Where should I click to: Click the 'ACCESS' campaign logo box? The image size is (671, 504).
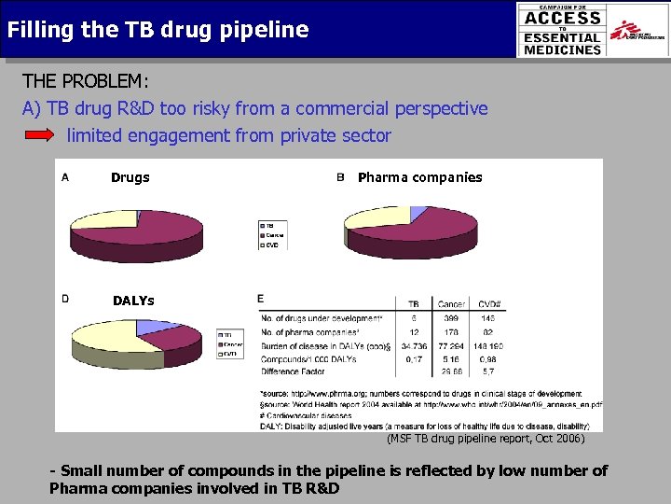[x=562, y=29]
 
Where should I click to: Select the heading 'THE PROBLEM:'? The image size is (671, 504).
[x=85, y=81]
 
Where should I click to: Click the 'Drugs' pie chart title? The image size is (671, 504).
[x=130, y=177]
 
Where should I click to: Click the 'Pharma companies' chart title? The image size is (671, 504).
[x=419, y=177]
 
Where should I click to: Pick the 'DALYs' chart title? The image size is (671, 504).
[x=133, y=301]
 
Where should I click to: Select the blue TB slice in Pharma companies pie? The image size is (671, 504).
[x=417, y=214]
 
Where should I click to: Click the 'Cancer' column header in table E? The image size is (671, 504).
[x=451, y=303]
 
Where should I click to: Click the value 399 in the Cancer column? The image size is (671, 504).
[x=451, y=317]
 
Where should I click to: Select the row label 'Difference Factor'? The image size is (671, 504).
[x=294, y=371]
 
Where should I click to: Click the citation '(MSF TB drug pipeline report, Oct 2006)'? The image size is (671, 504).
[x=486, y=438]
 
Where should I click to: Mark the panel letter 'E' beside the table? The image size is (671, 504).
[x=261, y=299]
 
